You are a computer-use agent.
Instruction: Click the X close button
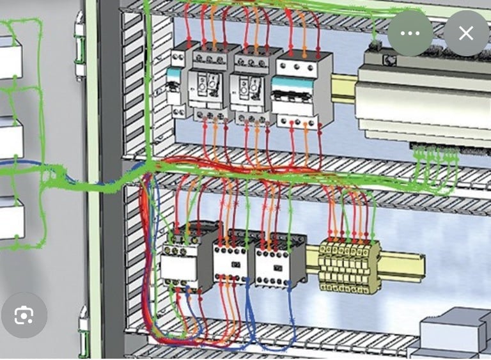(466, 33)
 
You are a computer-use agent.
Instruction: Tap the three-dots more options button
(410, 33)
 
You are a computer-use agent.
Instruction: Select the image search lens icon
(24, 315)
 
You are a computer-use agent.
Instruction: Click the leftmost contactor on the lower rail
(182, 259)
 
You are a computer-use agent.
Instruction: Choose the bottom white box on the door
(11, 217)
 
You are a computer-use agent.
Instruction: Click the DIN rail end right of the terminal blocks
(403, 265)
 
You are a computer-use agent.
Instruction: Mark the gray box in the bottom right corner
(454, 333)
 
